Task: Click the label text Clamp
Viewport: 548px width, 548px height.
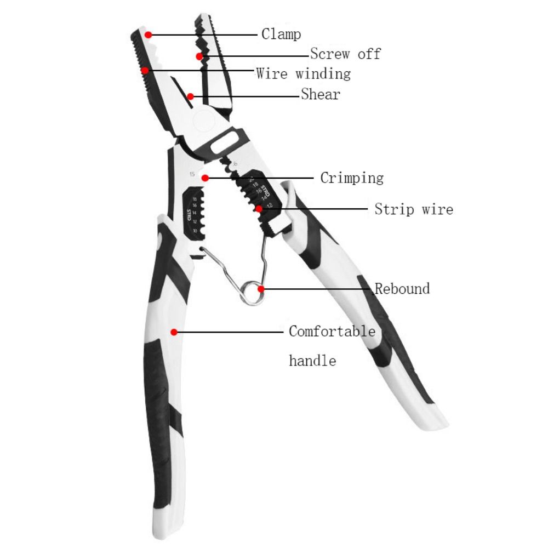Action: point(281,35)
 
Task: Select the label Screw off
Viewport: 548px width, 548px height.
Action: point(345,54)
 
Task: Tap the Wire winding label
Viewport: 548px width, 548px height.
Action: point(303,73)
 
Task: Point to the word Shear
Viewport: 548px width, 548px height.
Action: point(321,94)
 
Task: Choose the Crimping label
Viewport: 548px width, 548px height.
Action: point(352,178)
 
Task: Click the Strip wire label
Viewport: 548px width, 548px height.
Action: point(414,209)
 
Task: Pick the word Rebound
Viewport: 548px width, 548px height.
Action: point(402,288)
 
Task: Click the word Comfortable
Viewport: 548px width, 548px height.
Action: point(332,332)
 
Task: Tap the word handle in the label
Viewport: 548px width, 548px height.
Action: point(312,361)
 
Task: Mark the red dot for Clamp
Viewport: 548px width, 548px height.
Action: point(148,34)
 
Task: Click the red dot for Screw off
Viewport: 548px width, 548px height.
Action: point(198,56)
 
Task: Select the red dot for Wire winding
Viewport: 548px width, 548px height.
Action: point(144,70)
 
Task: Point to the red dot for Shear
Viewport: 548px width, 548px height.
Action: point(190,96)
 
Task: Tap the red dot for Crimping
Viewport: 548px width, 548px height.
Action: point(204,178)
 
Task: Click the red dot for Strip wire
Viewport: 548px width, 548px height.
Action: point(258,208)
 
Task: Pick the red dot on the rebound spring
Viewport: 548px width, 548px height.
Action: point(261,288)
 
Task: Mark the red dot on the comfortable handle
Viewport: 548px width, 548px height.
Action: point(173,332)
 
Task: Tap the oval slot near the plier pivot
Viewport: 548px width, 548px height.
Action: point(226,141)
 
